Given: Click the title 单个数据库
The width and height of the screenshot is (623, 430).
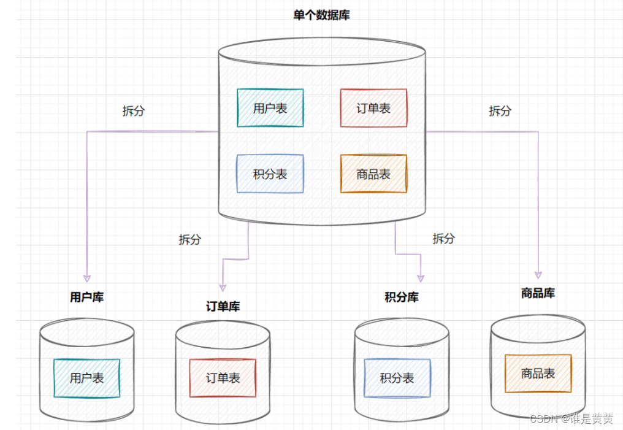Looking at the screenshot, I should coord(321,15).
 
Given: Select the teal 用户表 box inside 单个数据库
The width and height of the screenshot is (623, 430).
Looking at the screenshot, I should coord(270,109).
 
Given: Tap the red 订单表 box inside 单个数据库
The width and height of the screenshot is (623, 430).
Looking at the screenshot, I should coord(373,109).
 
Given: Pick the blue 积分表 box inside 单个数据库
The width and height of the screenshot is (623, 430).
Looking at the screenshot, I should coord(270,174).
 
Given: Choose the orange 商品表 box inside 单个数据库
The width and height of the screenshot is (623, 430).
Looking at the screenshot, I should coord(373,174).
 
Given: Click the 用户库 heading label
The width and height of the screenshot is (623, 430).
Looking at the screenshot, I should coord(86,298).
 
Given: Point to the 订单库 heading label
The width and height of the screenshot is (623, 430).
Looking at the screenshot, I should coord(223,307).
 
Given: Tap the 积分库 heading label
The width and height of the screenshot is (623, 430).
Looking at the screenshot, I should coord(402,298).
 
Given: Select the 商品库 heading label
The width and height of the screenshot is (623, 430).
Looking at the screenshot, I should coord(538,293).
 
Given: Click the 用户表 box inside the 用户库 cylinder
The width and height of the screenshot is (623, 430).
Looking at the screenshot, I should coord(86,378).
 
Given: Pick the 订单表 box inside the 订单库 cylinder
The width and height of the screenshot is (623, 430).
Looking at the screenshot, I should coord(223,378).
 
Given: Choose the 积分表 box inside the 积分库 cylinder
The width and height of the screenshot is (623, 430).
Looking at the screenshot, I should coord(397,378).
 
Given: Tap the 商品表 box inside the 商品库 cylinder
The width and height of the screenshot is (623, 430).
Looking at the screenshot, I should coord(538,373).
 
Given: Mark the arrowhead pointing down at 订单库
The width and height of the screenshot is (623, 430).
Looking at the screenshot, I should coord(223,285).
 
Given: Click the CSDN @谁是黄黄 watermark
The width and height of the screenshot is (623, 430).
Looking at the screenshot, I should coord(571,419).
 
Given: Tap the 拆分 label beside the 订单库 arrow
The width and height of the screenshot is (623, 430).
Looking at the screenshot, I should coord(189,239).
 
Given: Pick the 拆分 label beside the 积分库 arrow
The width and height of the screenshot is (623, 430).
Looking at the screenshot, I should coord(443,238).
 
